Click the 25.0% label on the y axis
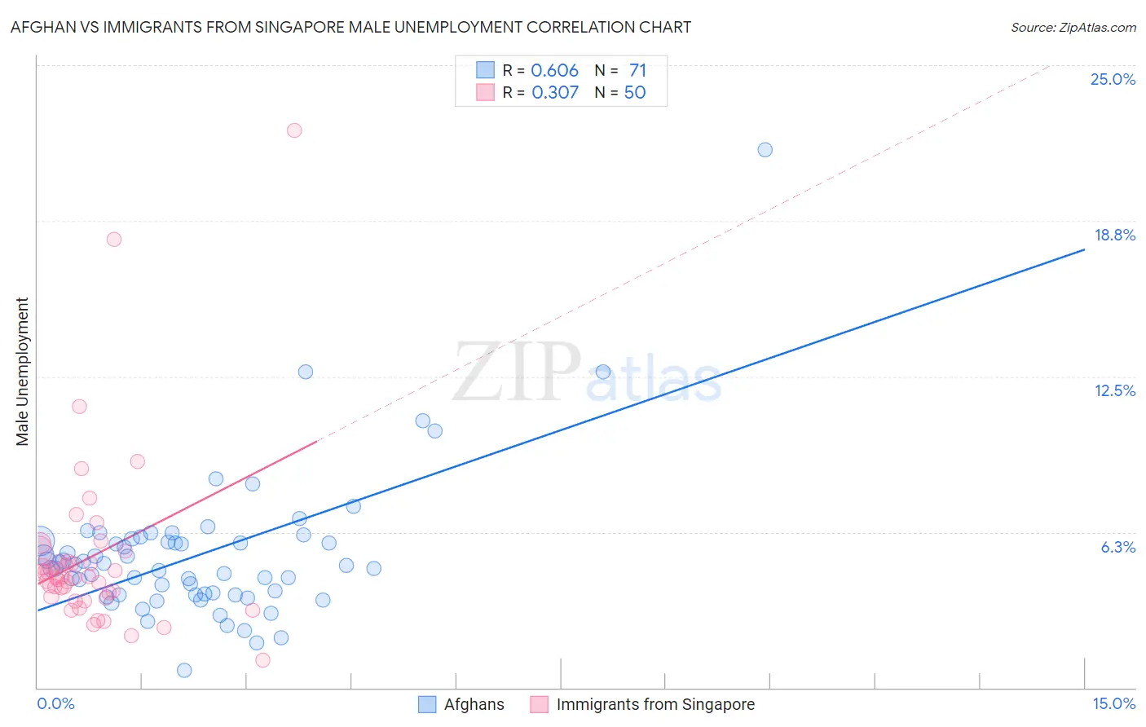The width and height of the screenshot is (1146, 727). click(x=1113, y=79)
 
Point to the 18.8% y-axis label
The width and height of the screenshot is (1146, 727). click(x=1114, y=235)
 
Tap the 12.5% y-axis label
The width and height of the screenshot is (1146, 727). click(x=1114, y=390)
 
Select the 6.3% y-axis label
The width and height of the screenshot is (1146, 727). click(x=1117, y=547)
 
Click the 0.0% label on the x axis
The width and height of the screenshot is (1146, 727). click(x=55, y=703)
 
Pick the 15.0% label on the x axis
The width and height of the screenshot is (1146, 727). click(x=1113, y=703)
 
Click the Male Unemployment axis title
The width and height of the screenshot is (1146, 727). click(x=23, y=372)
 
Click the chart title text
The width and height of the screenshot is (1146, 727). click(x=350, y=27)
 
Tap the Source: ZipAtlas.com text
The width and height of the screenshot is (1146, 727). click(x=1073, y=27)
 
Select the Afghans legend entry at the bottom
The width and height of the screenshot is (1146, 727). click(x=474, y=704)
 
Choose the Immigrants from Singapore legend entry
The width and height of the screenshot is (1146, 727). click(x=655, y=704)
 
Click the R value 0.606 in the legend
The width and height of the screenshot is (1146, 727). click(x=554, y=70)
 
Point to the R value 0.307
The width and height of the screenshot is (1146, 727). click(x=555, y=92)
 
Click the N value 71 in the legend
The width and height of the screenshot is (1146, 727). click(x=637, y=70)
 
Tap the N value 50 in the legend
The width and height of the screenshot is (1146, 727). click(x=635, y=92)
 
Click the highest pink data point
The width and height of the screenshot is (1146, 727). click(x=294, y=130)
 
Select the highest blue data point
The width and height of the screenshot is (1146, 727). click(x=765, y=150)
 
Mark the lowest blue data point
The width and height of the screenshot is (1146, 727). click(x=184, y=670)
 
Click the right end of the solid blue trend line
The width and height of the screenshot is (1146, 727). click(x=1084, y=249)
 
